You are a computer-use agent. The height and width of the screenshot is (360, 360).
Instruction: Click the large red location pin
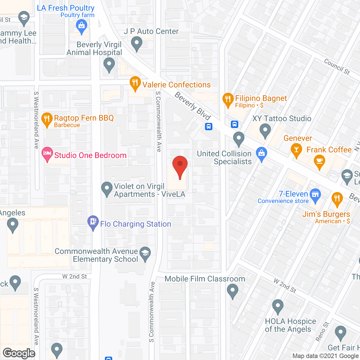click(180, 166)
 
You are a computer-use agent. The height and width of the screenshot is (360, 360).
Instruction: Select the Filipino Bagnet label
click(261, 98)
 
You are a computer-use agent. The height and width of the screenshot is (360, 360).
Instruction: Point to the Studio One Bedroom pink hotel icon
click(47, 154)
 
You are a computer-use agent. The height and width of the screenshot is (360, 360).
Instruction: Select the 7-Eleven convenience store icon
click(315, 195)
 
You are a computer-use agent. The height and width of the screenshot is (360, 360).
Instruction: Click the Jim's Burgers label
click(326, 214)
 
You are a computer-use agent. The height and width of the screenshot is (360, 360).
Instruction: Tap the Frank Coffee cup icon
click(319, 162)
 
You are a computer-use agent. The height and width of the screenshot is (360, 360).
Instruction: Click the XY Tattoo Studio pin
click(265, 130)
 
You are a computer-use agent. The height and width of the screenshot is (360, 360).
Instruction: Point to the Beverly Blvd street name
click(193, 106)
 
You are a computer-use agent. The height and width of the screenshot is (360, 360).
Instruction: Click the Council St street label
click(337, 67)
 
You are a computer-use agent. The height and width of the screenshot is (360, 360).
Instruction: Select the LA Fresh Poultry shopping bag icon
click(82, 26)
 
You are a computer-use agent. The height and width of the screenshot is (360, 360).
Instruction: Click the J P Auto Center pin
click(137, 44)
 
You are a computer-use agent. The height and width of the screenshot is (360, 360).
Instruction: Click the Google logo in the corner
click(19, 353)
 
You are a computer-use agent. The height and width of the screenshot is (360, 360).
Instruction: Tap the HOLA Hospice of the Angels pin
click(278, 306)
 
